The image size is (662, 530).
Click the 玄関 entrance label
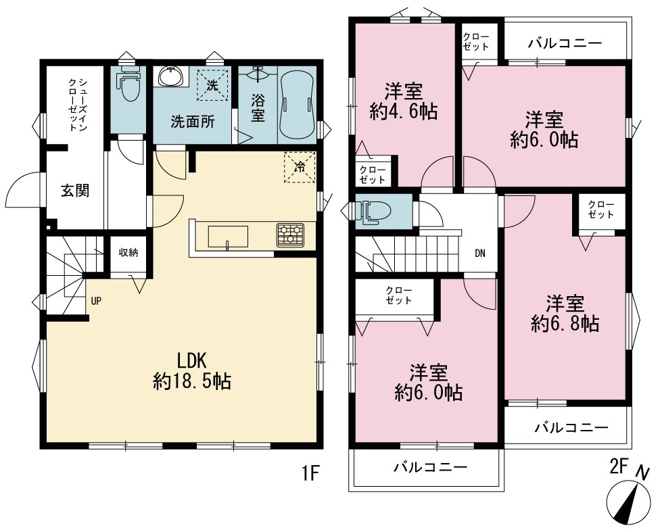(x=76, y=191)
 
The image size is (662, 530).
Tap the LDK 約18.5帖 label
(x=191, y=371)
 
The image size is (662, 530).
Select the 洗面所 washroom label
(x=193, y=122)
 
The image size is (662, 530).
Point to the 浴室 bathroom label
(x=258, y=107)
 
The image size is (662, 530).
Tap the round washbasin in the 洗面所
(x=170, y=76)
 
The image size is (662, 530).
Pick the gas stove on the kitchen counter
(x=291, y=235)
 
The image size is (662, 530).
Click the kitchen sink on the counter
(x=228, y=237)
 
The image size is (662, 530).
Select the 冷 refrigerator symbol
(x=300, y=167)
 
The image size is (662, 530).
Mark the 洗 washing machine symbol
(x=213, y=85)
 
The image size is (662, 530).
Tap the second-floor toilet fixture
(x=371, y=211)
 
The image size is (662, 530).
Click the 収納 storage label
(x=128, y=254)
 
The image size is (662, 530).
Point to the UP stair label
(x=96, y=302)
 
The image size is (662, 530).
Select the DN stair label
(x=480, y=254)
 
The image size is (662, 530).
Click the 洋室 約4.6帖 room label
(x=404, y=101)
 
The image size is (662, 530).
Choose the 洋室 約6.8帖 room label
(x=565, y=314)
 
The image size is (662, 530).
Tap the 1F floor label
(x=310, y=474)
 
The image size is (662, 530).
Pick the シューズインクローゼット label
(x=77, y=104)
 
